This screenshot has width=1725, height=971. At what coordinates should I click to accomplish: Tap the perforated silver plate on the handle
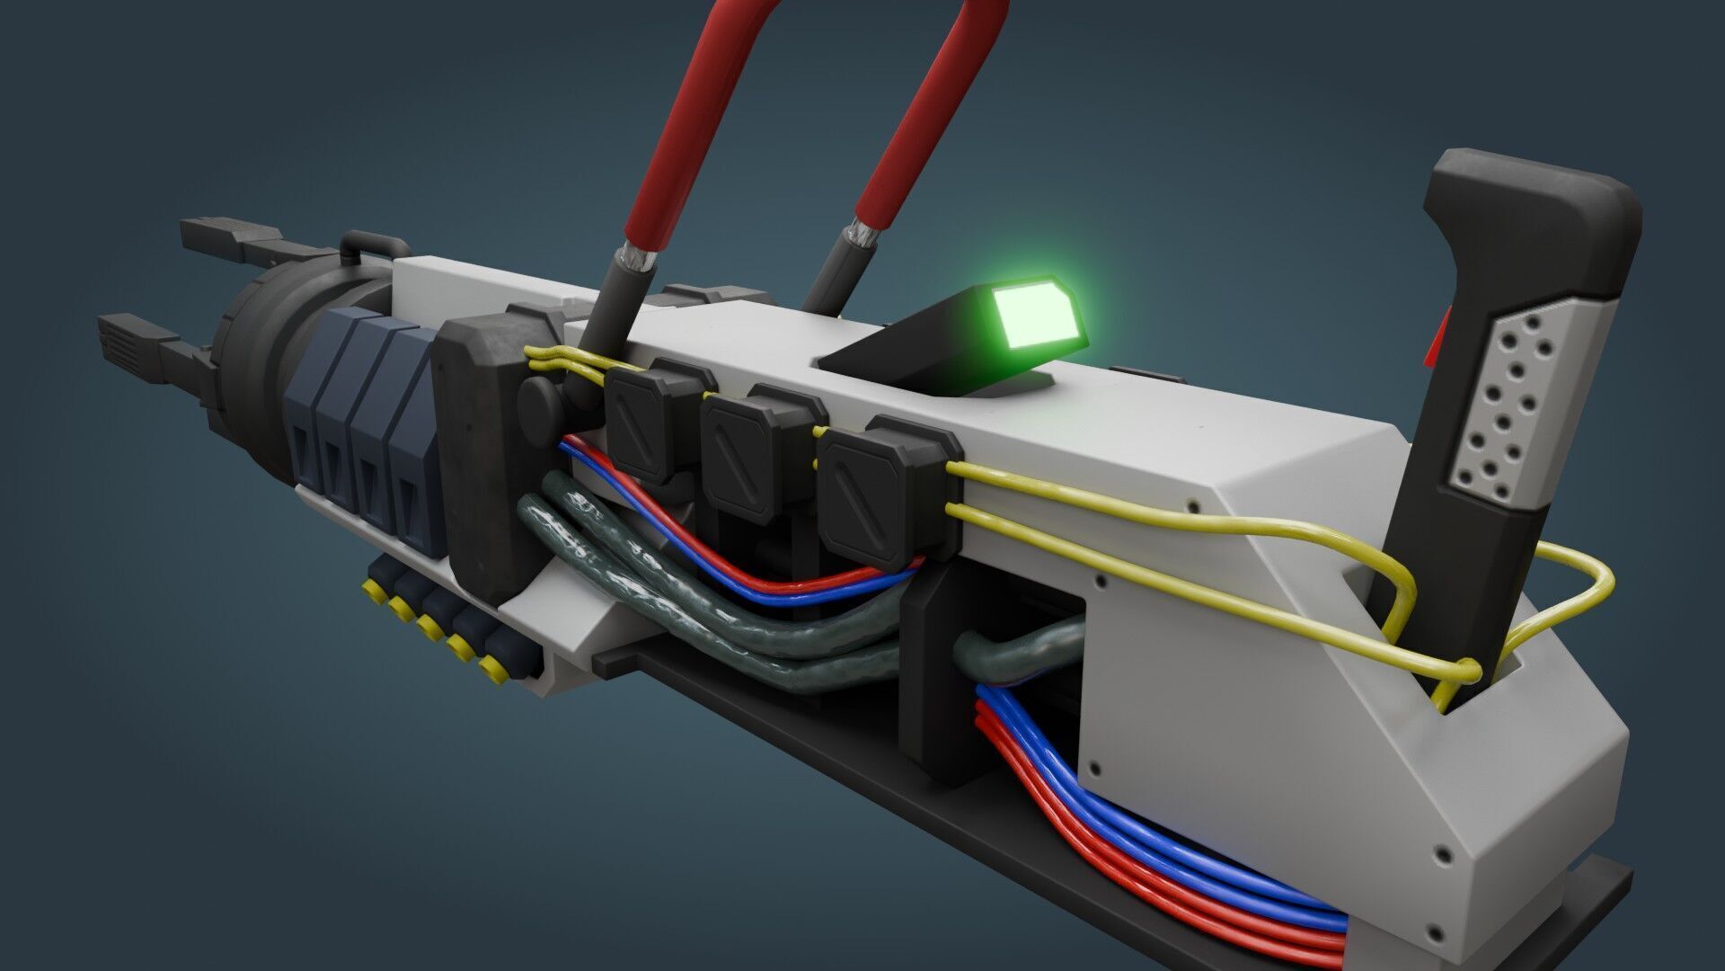click(x=1496, y=405)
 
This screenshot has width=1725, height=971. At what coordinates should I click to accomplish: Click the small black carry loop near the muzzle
click(x=373, y=245)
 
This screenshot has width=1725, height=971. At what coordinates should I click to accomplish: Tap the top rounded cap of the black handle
click(x=1536, y=193)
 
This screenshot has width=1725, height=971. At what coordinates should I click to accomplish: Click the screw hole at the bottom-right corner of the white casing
click(x=1443, y=851)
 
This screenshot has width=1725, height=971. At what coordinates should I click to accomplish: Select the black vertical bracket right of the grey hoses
click(x=934, y=683)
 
